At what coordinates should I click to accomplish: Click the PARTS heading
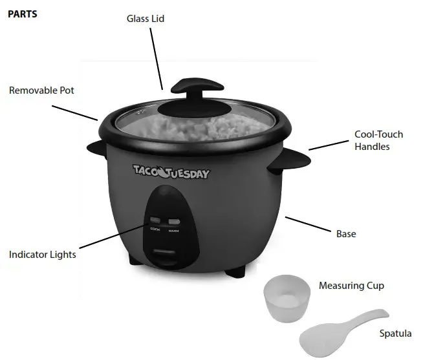[22, 14]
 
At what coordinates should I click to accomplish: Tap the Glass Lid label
[145, 19]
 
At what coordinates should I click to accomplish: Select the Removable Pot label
[41, 90]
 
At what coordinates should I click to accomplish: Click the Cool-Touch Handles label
[378, 140]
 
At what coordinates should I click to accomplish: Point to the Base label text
[346, 233]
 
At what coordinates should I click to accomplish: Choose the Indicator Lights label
[43, 255]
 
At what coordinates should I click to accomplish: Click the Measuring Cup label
[351, 286]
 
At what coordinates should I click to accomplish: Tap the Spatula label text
[395, 334]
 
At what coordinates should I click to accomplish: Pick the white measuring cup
[287, 298]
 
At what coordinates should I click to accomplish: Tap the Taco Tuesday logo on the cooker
[171, 172]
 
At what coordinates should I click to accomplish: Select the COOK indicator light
[156, 220]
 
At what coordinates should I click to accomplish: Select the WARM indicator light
[173, 220]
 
